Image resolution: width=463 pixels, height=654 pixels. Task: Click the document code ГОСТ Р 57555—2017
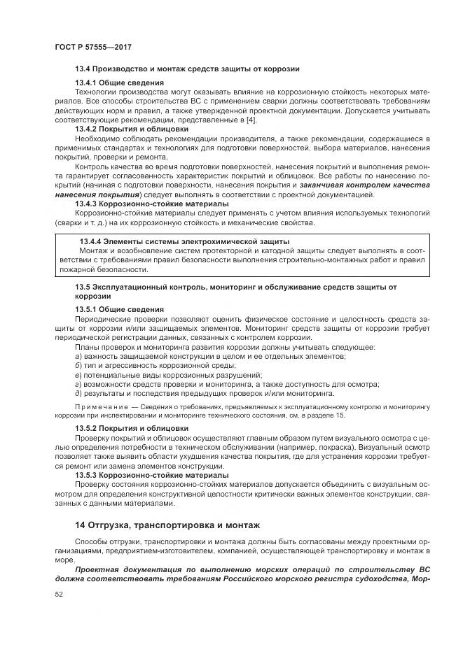(92, 46)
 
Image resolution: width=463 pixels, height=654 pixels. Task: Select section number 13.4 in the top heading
(83, 69)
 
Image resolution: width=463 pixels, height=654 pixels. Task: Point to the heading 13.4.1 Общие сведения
(120, 83)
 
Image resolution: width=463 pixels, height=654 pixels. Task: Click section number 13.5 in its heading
(83, 287)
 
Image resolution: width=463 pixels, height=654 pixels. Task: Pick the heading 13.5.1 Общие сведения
(120, 309)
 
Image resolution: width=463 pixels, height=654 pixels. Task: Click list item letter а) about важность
(78, 356)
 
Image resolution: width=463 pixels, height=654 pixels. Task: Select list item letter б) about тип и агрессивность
(78, 365)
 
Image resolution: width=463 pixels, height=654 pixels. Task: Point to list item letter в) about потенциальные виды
(78, 374)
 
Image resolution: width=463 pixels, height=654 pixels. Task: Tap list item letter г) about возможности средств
(78, 383)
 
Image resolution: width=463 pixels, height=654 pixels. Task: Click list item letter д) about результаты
(78, 392)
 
